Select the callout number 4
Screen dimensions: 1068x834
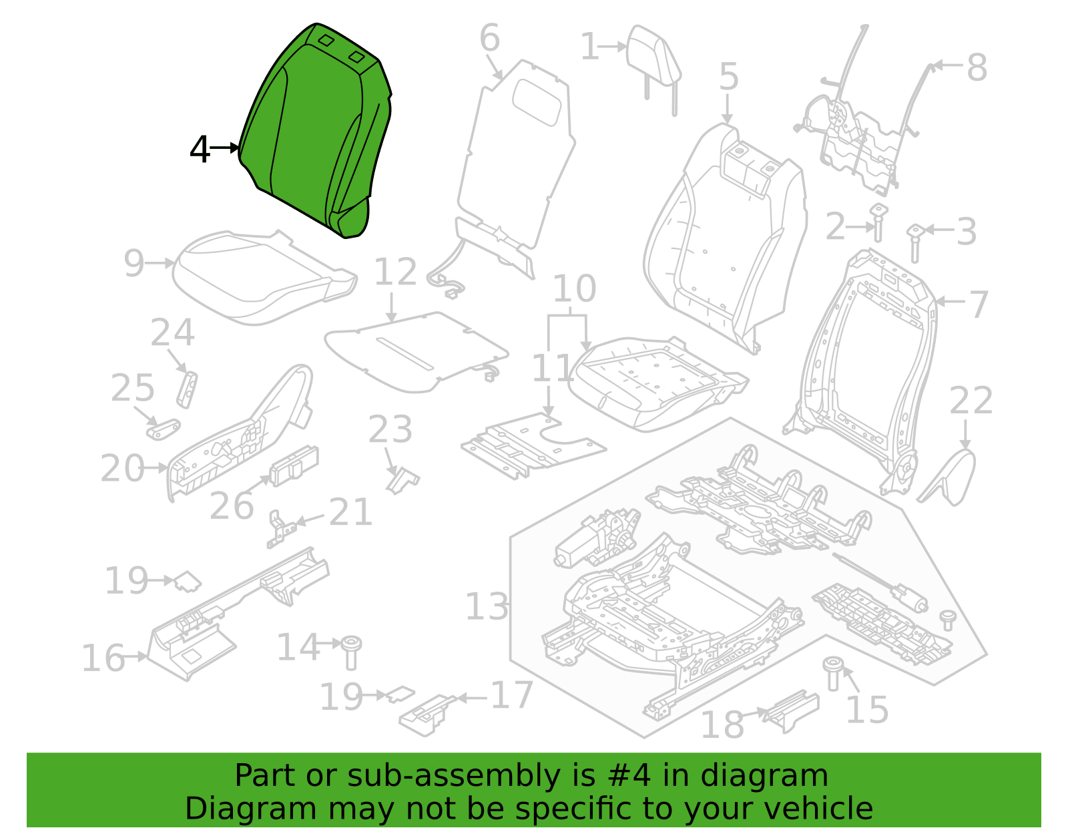(x=200, y=149)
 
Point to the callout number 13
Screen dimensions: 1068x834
(x=487, y=606)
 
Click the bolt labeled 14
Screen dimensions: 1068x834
(x=351, y=652)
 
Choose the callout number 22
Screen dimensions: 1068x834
(x=971, y=401)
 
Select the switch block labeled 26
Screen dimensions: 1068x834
(x=294, y=465)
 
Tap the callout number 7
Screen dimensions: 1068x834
(x=978, y=304)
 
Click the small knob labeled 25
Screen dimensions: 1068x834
(x=163, y=429)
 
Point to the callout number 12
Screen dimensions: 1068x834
(x=395, y=271)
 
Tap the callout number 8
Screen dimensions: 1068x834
(x=977, y=67)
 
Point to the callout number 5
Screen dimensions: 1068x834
(x=728, y=76)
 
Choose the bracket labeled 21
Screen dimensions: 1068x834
(x=282, y=529)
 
